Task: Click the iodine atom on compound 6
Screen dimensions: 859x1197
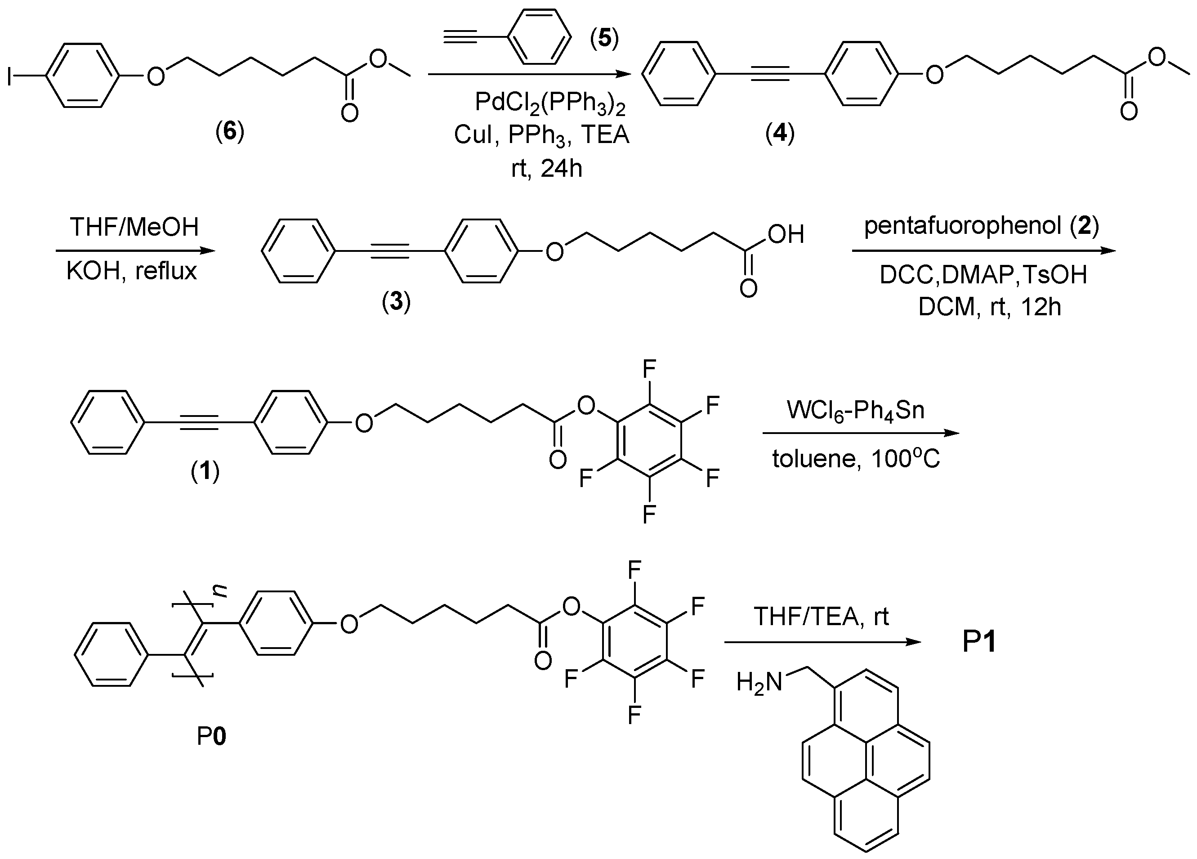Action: (9, 76)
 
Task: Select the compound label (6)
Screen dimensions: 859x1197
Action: (230, 132)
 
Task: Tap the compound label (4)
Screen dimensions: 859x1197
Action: (780, 134)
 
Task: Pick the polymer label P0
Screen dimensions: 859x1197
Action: (211, 736)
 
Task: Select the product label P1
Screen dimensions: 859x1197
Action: (979, 643)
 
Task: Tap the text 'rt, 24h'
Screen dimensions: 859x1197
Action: (547, 169)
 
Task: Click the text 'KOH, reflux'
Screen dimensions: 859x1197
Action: (131, 271)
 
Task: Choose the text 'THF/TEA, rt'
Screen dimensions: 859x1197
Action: (821, 616)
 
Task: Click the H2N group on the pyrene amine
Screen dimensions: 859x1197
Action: (759, 683)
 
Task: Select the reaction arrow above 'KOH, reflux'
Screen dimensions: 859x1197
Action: (136, 250)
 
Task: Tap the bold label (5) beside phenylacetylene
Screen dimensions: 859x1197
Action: (604, 39)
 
